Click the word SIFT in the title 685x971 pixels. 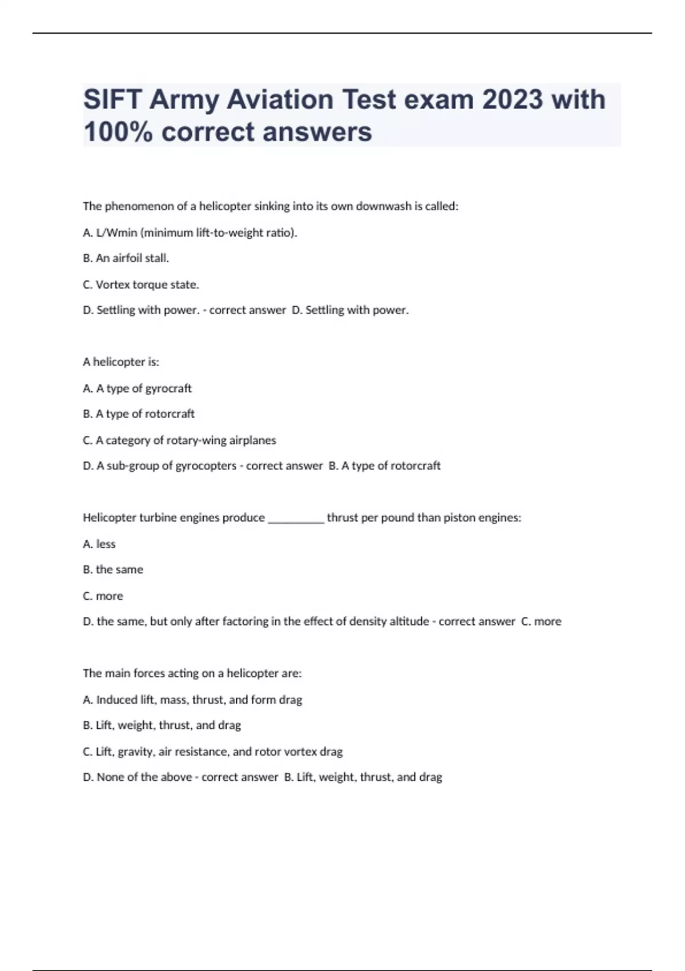coord(112,99)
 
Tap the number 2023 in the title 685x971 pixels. coord(512,99)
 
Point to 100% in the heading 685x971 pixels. coord(118,132)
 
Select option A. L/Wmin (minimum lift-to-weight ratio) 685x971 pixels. coord(190,232)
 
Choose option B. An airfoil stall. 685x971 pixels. coord(126,258)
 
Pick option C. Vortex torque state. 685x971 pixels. coord(141,284)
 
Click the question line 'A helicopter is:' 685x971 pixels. coord(121,362)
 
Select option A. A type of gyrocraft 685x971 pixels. coord(138,388)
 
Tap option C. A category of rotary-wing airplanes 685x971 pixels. coord(180,440)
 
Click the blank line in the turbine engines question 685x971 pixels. coord(296,519)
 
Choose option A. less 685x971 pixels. coord(99,544)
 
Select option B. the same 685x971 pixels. coord(113,569)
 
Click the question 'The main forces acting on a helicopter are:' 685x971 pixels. coord(192,673)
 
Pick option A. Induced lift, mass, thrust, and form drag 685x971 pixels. coord(192,700)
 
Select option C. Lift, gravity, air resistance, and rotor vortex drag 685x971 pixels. coord(213,752)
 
